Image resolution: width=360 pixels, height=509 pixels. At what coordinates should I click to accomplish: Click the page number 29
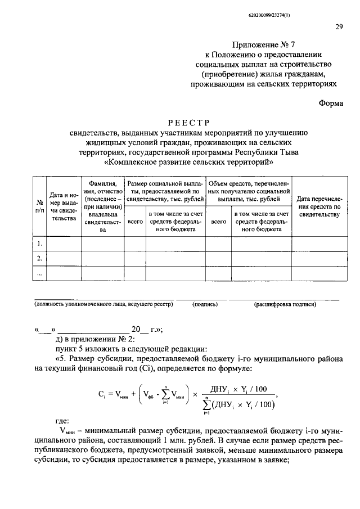[339, 26]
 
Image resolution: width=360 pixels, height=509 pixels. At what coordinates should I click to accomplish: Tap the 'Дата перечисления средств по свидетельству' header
[318, 206]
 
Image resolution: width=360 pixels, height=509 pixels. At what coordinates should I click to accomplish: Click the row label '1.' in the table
[39, 244]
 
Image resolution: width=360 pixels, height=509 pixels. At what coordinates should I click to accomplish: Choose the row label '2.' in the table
[39, 258]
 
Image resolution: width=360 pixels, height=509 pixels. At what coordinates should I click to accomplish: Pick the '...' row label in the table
[39, 272]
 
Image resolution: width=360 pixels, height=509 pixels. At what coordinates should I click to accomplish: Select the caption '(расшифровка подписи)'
[285, 304]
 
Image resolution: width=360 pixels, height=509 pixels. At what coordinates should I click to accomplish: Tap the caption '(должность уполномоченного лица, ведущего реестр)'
[103, 304]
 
